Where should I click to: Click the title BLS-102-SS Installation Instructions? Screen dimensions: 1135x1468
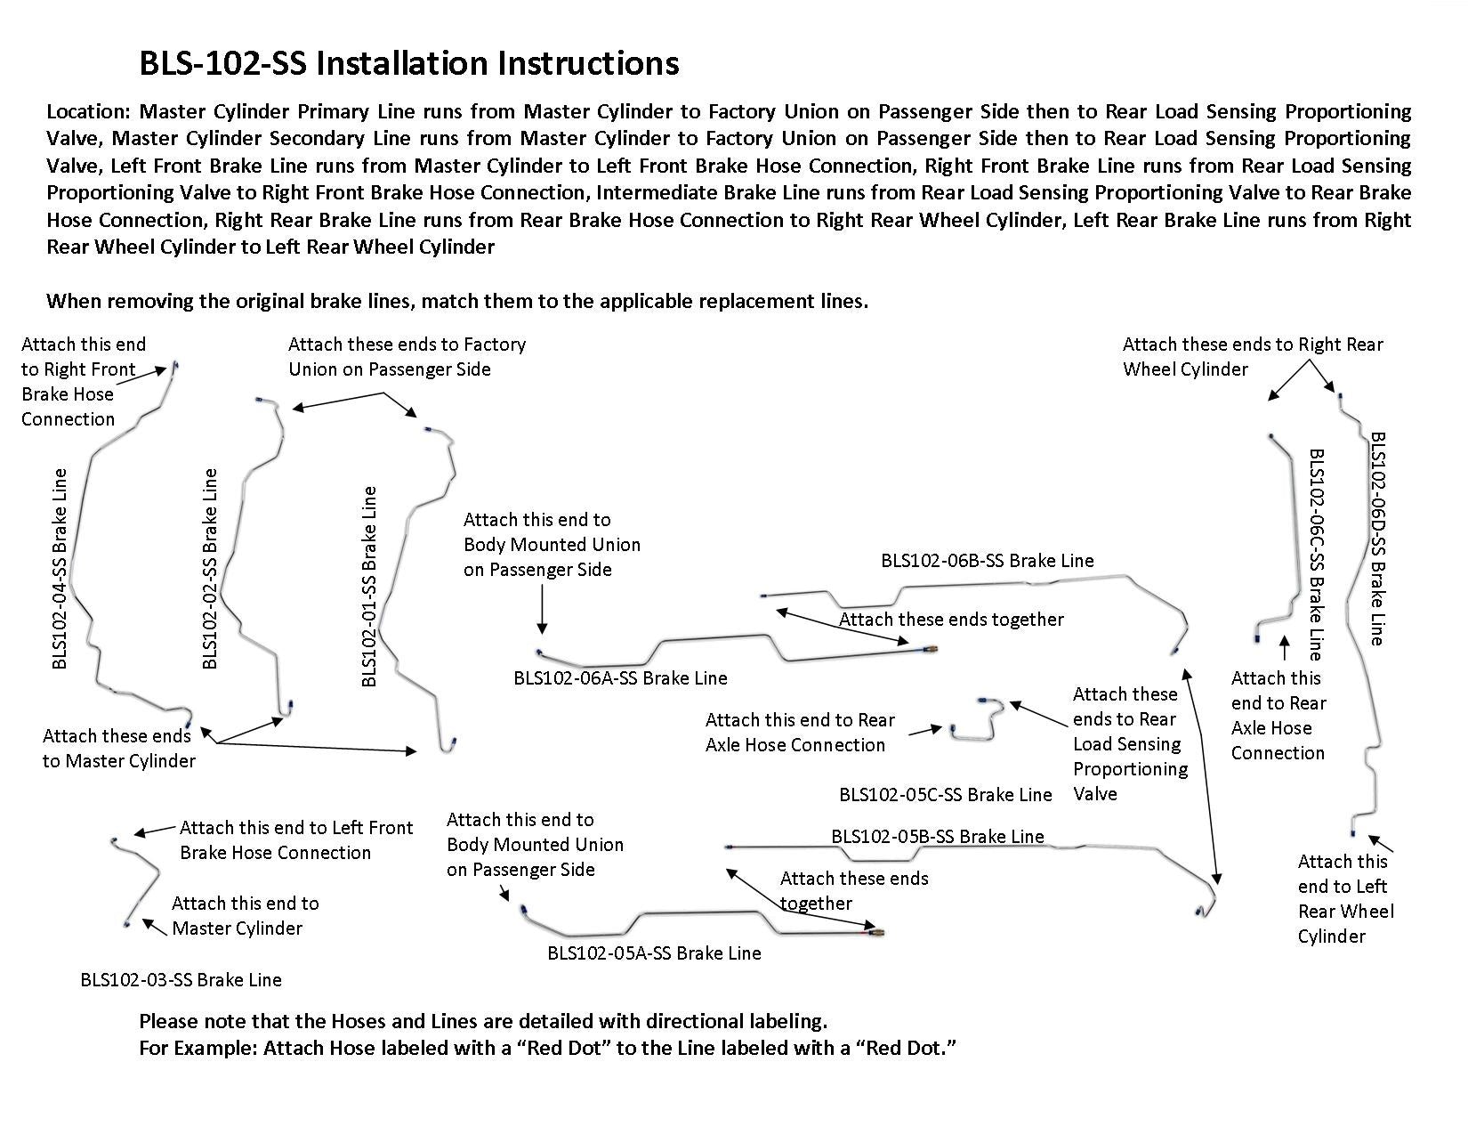click(409, 63)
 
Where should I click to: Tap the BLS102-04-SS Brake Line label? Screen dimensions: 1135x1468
click(59, 568)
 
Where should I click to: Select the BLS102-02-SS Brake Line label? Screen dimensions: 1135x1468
click(209, 568)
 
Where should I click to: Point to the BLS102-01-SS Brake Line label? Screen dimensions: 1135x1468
click(369, 586)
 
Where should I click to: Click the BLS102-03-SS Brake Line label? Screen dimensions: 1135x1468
click(181, 980)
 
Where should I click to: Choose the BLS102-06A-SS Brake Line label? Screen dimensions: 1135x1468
click(620, 678)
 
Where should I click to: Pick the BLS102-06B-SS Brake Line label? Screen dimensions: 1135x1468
click(987, 561)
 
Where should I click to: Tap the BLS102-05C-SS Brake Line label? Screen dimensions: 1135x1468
click(945, 795)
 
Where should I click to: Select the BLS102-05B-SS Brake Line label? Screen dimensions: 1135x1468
click(937, 837)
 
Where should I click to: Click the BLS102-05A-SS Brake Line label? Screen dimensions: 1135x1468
click(654, 953)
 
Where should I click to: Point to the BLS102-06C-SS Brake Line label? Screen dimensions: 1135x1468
click(1316, 552)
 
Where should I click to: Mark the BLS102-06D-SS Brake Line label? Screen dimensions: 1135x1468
click(1376, 539)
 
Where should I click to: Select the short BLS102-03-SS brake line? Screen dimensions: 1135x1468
click(138, 877)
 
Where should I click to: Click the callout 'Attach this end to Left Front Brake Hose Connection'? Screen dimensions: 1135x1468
click(295, 840)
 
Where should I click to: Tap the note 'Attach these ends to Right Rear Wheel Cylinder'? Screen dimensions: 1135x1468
click(1252, 357)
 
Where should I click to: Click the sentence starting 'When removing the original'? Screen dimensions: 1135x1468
click(457, 301)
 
